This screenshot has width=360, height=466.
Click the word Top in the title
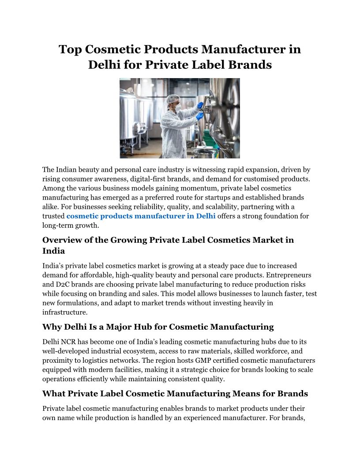pos(71,49)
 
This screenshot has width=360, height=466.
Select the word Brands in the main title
pos(250,65)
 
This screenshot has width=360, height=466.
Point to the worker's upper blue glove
pos(200,105)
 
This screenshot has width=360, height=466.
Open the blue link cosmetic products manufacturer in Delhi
pos(141,216)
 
